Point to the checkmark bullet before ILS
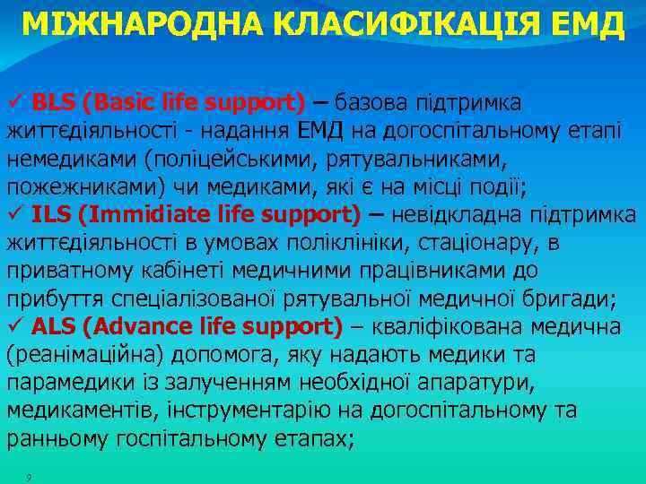(15, 214)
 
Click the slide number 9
(30, 476)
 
